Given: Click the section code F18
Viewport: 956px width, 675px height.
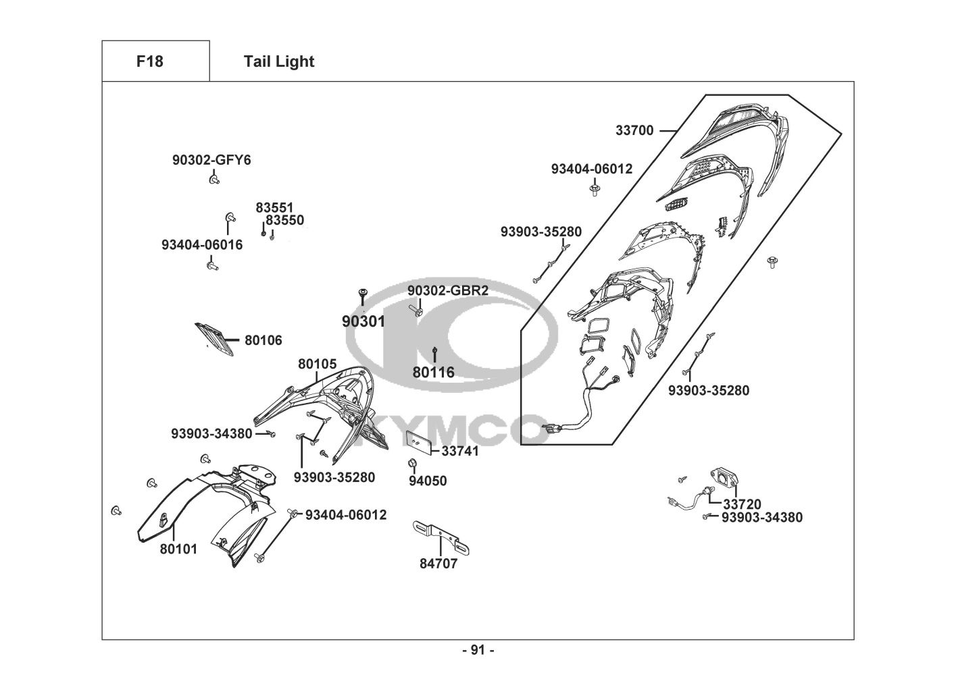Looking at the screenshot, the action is (150, 61).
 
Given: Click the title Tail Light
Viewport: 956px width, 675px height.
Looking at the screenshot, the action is (279, 61).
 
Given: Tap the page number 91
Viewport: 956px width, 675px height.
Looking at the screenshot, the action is (478, 650).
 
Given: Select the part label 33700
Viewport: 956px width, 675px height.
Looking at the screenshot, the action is (634, 130).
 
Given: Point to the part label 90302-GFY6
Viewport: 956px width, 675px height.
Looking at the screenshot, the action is (211, 160).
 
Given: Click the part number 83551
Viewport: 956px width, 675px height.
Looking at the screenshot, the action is (274, 208).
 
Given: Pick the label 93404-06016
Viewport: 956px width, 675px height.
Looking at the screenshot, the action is (202, 245).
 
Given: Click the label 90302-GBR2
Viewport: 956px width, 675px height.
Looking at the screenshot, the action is (448, 290).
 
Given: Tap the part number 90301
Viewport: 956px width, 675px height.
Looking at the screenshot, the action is (363, 321).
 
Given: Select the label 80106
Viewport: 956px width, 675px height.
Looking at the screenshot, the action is (263, 340).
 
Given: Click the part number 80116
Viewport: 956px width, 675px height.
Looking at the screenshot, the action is (434, 372).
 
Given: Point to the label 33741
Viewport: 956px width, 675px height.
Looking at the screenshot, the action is (460, 451).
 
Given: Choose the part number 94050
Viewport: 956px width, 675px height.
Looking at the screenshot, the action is (428, 481).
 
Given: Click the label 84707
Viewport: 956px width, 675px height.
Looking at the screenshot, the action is (438, 564).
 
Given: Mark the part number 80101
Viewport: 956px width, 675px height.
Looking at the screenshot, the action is (179, 549).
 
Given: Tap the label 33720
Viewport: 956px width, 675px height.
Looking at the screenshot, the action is (743, 504).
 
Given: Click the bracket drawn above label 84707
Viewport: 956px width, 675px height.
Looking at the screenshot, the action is (441, 537).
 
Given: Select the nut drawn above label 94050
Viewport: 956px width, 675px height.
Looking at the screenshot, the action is (412, 462).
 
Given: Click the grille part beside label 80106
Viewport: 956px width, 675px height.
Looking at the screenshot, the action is (214, 340).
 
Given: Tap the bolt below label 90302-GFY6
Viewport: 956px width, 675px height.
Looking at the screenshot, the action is (214, 179).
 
